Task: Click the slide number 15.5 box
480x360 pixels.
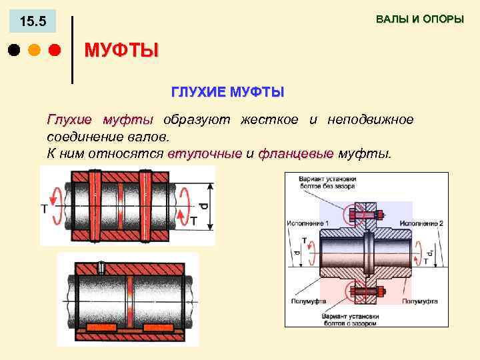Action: tap(33, 22)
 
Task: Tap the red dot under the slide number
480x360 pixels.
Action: tap(55, 50)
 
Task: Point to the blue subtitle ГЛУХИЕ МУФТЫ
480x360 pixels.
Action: tap(228, 91)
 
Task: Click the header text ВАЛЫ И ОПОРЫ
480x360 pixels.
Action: tap(419, 19)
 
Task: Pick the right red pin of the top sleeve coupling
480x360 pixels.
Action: tap(145, 206)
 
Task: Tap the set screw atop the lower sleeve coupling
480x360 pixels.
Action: tap(101, 267)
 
